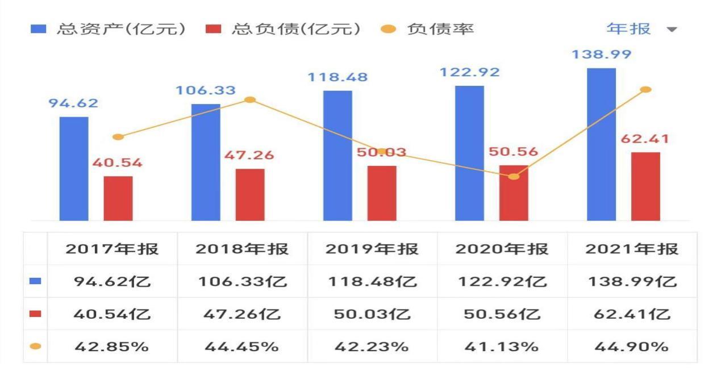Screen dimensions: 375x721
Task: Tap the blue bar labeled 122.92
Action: point(469,153)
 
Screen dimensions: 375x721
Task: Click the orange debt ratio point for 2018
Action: point(249,100)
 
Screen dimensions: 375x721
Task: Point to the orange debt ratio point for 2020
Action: point(514,176)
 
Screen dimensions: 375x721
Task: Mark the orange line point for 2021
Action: point(645,90)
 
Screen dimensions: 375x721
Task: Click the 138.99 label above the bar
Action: point(601,55)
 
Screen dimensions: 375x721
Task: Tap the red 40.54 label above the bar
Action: point(118,163)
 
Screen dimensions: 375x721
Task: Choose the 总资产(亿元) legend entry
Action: point(108,29)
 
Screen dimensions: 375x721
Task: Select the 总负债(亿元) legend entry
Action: point(284,29)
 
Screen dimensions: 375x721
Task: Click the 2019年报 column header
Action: point(372,249)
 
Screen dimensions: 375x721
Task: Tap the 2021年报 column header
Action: point(632,249)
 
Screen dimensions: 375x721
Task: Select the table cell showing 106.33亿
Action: point(242,281)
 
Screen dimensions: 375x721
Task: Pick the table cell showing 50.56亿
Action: point(502,314)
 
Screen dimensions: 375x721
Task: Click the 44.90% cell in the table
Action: point(632,346)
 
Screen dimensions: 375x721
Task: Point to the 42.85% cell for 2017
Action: point(112,346)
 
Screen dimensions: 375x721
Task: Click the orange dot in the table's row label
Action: point(35,346)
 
